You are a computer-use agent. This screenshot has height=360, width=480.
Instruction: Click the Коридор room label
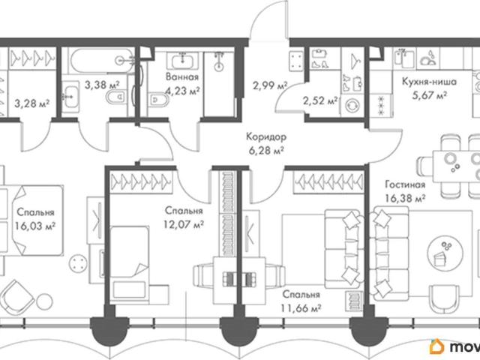point(266,136)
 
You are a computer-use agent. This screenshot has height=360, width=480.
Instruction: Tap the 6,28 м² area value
point(266,151)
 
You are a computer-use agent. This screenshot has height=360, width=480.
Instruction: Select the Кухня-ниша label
point(429,82)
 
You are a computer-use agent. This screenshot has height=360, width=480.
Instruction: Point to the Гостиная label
point(405,184)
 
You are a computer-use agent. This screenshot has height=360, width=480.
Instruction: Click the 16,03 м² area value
point(35,226)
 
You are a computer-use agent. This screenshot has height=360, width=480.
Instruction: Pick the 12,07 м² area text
point(184,225)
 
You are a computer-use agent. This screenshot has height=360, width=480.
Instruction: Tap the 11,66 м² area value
point(301,308)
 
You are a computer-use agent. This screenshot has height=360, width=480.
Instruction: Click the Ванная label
point(182,76)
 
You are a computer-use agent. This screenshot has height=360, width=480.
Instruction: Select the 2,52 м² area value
point(320,100)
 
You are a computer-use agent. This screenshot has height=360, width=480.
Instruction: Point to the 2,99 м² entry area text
point(270,85)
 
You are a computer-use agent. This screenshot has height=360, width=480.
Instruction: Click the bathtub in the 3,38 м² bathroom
point(101,60)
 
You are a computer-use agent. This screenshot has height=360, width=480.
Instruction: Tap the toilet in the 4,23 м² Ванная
point(158,100)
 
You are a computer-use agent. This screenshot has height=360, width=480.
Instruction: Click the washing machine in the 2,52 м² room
point(352,106)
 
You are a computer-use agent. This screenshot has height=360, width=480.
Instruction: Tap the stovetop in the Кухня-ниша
point(381,105)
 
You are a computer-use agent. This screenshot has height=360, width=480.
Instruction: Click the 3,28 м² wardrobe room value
point(31,103)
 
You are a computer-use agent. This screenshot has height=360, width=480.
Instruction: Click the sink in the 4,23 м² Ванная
point(182,61)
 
